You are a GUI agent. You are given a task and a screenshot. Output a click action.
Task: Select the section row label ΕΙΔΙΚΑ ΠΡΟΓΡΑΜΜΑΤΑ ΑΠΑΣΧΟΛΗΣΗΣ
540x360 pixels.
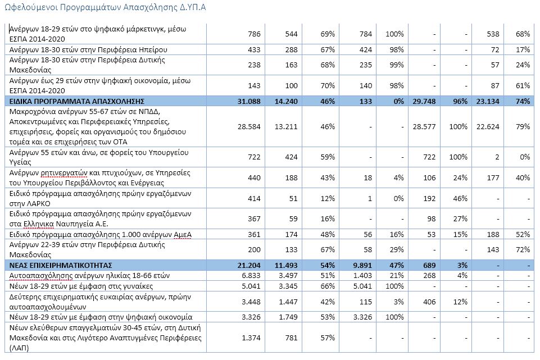[x=78, y=102]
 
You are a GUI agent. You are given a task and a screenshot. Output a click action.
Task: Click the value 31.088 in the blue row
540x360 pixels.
[x=248, y=102]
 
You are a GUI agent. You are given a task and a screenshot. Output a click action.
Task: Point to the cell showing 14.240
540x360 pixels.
[x=287, y=102]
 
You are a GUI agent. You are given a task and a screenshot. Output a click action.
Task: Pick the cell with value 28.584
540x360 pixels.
[x=248, y=127]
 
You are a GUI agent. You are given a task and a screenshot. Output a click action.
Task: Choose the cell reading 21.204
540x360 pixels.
[x=248, y=265]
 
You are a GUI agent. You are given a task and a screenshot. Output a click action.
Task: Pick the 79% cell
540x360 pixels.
[x=523, y=127]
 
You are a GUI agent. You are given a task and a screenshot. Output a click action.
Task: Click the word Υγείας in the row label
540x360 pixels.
[x=22, y=162]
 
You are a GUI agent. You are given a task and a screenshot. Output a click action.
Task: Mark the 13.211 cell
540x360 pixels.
[x=287, y=127]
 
